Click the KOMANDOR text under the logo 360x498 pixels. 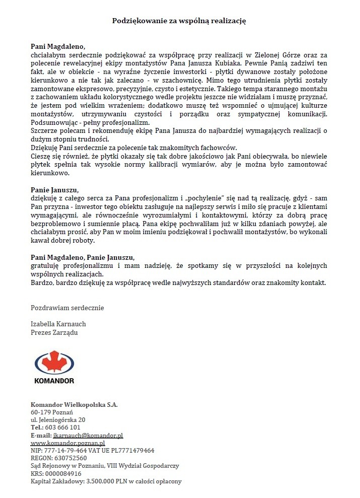tap(54, 381)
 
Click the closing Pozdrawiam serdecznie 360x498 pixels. tap(67, 307)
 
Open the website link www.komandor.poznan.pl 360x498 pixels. tap(67, 443)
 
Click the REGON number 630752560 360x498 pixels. tap(69, 458)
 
